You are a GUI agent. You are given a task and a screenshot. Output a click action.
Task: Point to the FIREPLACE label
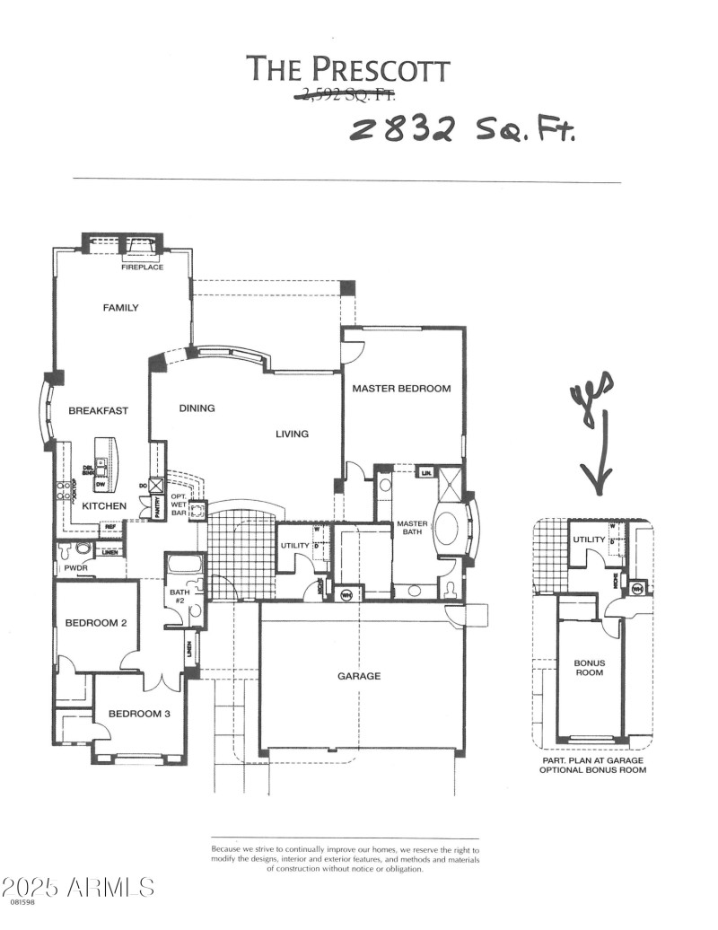142,268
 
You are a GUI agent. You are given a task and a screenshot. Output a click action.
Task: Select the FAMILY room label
120,308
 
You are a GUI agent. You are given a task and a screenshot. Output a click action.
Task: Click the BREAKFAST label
98,411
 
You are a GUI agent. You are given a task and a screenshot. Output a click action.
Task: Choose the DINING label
197,408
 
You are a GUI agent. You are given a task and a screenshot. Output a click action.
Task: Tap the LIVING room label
292,434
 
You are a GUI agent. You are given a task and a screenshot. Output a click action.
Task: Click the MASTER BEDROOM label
400,389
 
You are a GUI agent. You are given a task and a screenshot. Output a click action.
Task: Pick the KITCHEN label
104,507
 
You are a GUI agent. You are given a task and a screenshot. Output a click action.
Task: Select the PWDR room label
73,568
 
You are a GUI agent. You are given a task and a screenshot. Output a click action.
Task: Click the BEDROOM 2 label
94,623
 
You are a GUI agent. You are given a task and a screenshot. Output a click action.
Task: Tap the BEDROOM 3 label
138,715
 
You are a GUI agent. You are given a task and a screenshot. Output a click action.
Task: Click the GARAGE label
359,676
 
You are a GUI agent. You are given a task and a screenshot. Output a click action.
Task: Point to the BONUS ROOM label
590,668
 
